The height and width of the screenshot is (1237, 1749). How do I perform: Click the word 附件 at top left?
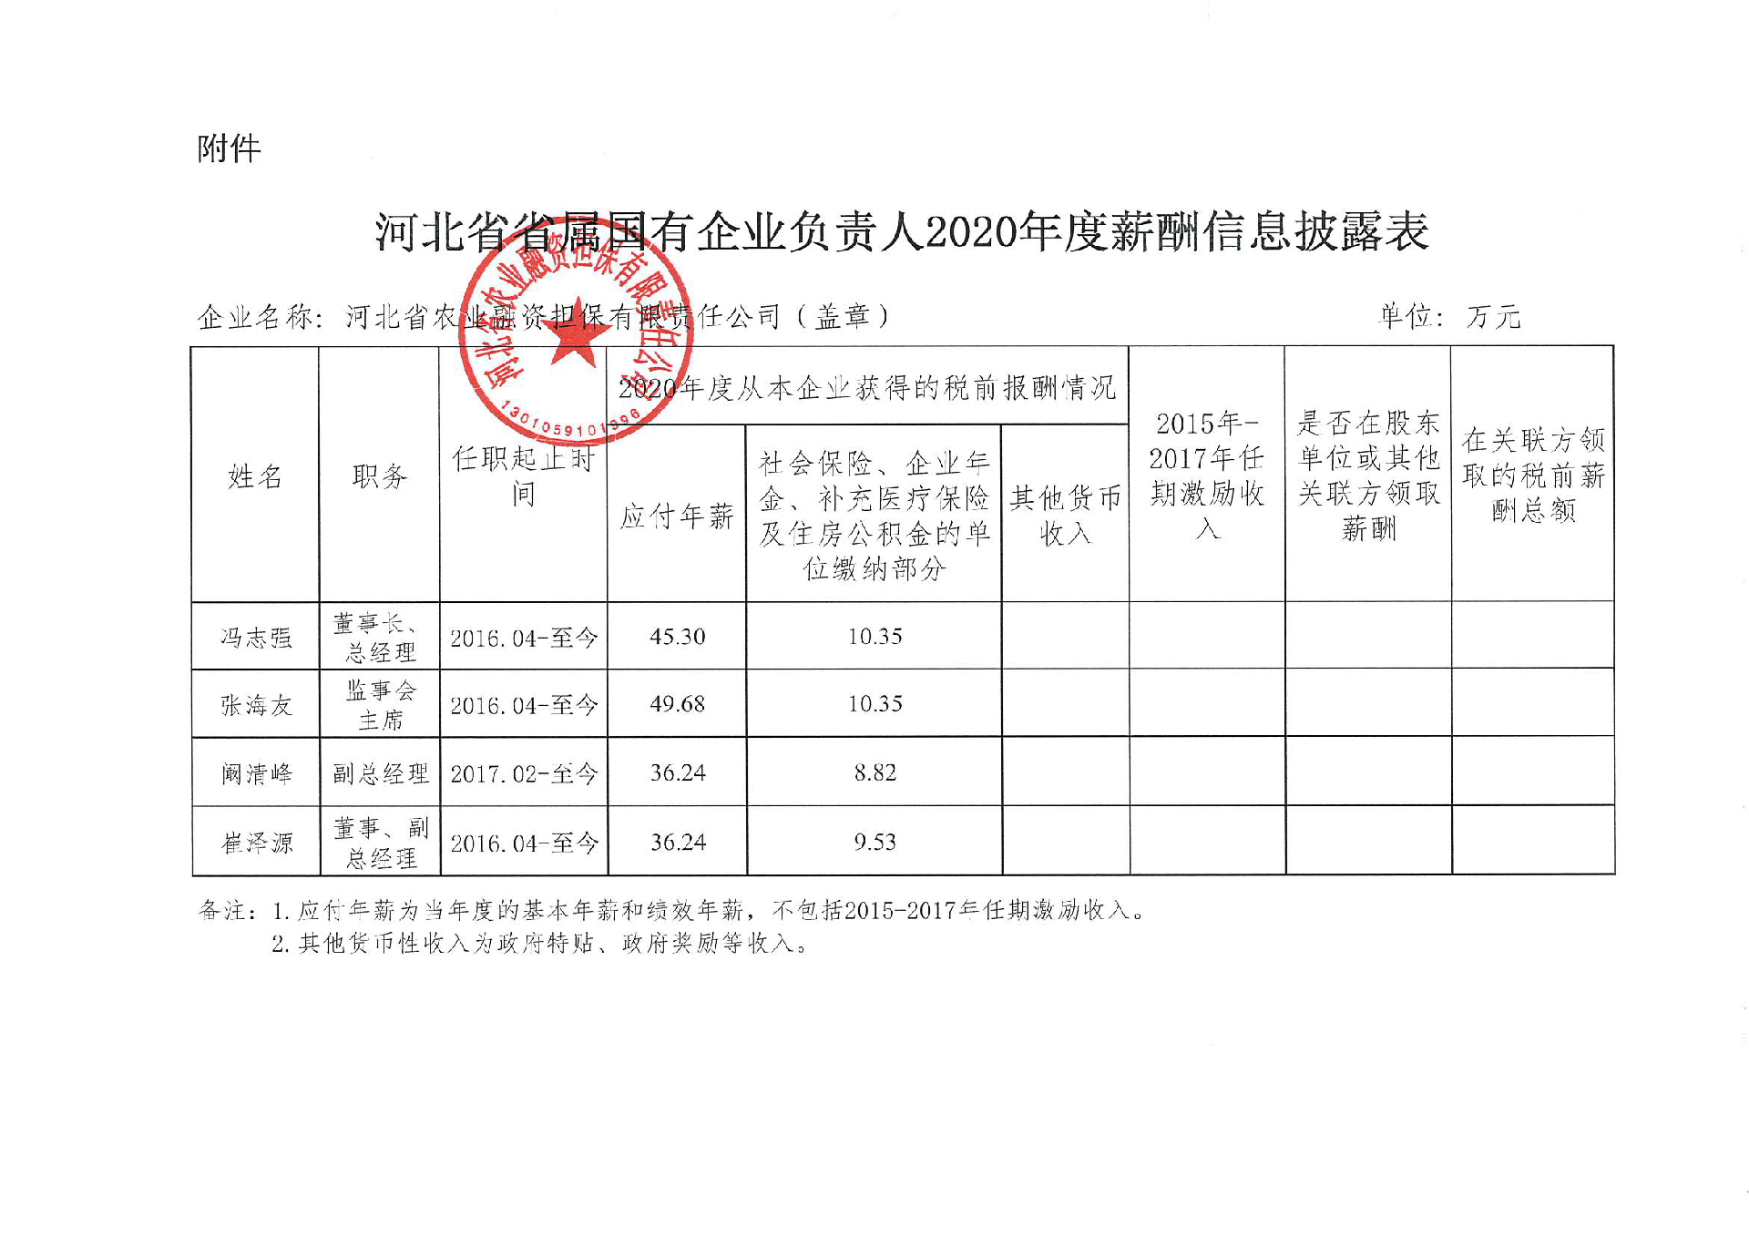pos(229,148)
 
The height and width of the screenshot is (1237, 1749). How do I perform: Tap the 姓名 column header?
pos(255,475)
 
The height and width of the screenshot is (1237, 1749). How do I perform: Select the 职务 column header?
pos(379,475)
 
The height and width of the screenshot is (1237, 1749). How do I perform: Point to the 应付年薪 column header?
pos(677,516)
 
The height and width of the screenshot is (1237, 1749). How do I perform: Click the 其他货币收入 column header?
pos(1065,515)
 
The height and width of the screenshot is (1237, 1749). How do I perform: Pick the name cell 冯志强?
pos(256,637)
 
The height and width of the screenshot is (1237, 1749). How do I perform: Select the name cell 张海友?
pos(256,704)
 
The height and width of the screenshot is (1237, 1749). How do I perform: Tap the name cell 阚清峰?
pos(256,773)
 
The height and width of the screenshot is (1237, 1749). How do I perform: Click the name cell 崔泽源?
pos(256,843)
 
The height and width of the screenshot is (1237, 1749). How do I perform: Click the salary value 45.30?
pos(677,637)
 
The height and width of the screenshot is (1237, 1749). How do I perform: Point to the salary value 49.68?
pos(677,704)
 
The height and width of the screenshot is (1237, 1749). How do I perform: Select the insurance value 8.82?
pos(874,773)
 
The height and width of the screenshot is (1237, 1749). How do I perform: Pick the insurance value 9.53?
pos(874,843)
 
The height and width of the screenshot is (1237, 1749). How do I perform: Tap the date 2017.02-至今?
pos(524,773)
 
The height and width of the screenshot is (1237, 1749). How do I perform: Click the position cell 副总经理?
pos(380,773)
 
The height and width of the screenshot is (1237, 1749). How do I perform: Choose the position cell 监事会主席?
pos(380,705)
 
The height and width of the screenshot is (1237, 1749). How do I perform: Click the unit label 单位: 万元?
pos(1449,316)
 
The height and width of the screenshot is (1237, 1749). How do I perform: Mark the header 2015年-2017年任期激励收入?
pos(1206,475)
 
